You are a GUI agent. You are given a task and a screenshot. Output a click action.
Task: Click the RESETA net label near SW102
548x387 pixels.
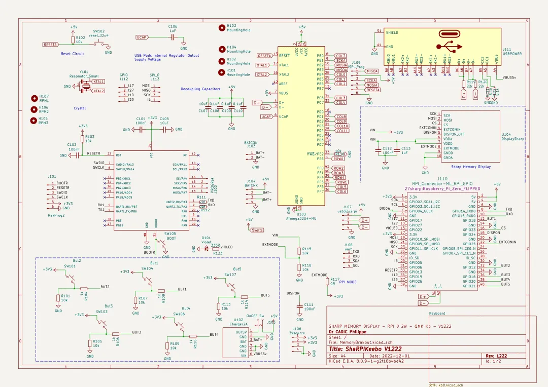(x=50, y=45)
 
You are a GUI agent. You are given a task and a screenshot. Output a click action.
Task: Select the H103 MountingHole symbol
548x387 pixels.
(x=222, y=28)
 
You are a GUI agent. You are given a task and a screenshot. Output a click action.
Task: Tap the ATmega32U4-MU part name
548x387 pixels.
(x=299, y=218)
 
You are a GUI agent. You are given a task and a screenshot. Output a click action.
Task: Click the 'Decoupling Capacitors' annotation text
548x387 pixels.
(x=200, y=89)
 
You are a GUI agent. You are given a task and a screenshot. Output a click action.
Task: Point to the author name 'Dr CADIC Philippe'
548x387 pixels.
(x=348, y=332)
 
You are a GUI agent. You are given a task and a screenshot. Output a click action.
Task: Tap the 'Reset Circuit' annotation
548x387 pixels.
(x=72, y=54)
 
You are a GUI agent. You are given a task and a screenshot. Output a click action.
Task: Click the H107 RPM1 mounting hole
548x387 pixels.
(x=35, y=97)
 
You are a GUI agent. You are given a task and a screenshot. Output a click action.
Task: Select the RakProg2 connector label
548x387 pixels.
(x=56, y=215)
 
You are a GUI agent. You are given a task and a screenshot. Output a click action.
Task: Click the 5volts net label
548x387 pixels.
(x=258, y=229)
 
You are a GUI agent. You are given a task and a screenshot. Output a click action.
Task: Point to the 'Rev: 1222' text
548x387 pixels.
(x=496, y=356)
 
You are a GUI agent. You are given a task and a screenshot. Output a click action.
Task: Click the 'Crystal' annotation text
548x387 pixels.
(x=80, y=108)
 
